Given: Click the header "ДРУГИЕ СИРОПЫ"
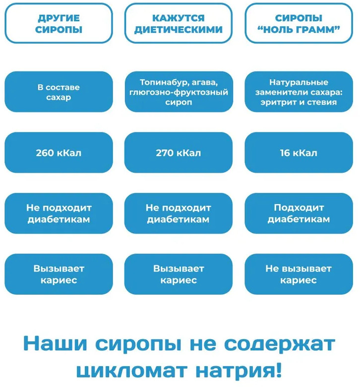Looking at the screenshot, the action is pos(59,23).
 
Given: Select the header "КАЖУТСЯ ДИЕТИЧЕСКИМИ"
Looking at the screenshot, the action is pos(179,23).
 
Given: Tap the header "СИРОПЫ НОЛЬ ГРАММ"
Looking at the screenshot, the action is pos(299,23).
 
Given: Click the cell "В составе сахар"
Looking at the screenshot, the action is pos(59,92).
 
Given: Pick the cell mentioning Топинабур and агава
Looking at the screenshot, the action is pos(179,92).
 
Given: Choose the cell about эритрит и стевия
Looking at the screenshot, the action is pos(299,92).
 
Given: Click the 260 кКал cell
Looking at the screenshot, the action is pos(59,152).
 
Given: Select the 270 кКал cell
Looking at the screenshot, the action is pos(179,152).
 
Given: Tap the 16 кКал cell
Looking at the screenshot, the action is pos(299,152).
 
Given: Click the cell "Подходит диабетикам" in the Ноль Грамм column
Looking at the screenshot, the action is pos(299,213).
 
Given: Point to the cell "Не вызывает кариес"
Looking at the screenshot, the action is pos(299,274).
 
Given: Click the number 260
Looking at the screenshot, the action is pos(45,153).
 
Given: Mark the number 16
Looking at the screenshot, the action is pos(285,153).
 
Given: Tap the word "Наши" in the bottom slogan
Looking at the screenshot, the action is pos(55,343).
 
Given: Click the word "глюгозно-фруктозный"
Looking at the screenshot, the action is pos(179,92).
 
